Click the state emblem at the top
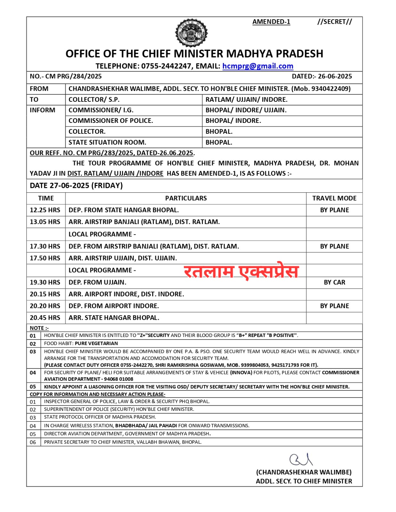191,33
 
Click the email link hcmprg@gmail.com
258,66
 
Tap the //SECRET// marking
334,22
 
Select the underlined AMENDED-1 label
271,22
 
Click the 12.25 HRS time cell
45,210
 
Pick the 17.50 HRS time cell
45,258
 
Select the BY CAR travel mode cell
334,283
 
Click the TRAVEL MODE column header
334,198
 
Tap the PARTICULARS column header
186,198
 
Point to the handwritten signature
301,460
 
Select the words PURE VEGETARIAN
96,343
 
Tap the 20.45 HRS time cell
45,318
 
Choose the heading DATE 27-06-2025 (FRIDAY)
76,186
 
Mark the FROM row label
39,89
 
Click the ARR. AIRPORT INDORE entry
126,294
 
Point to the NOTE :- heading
39,328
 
